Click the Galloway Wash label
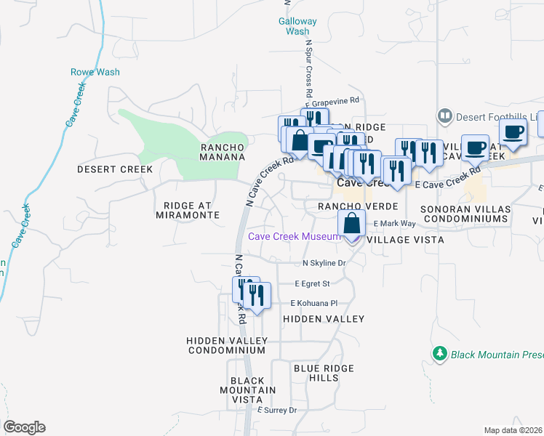(x=297, y=26)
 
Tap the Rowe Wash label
(x=95, y=72)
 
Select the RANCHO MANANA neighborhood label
(x=223, y=151)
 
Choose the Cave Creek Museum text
(x=294, y=236)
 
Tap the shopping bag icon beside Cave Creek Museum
(x=351, y=225)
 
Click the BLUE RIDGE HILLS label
(x=317, y=373)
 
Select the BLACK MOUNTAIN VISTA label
(x=253, y=390)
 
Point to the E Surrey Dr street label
(x=277, y=411)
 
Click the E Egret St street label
(x=312, y=283)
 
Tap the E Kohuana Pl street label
(x=314, y=303)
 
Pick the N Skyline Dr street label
(x=322, y=263)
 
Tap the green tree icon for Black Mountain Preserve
(x=439, y=354)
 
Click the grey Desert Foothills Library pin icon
(x=444, y=116)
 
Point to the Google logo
(x=24, y=427)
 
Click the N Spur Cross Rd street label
(x=308, y=70)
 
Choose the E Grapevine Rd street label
(x=332, y=100)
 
